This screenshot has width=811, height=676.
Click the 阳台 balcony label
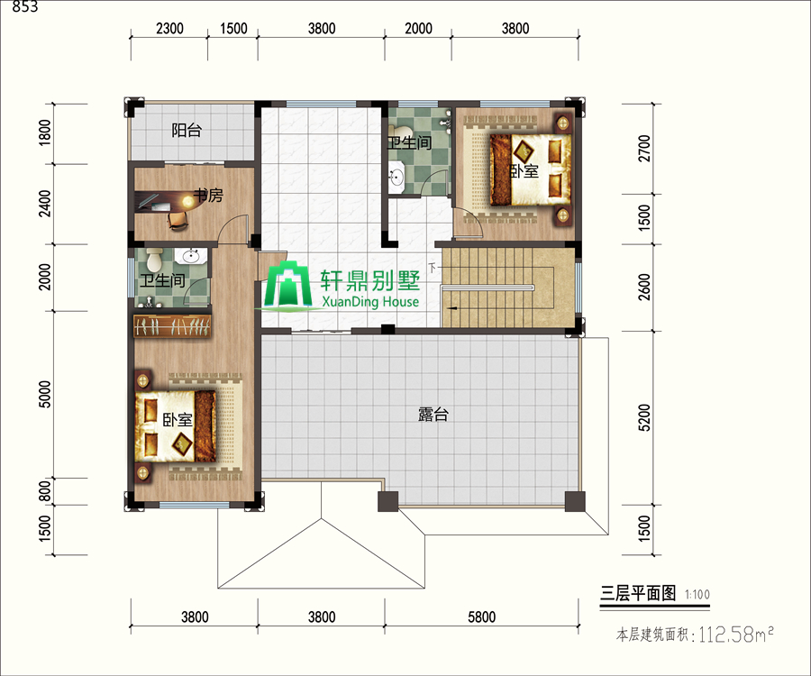[x=187, y=131]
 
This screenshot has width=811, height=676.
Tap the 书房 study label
[x=208, y=195]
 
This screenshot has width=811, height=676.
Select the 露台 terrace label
[x=433, y=415]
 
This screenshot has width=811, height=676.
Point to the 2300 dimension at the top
[x=169, y=28]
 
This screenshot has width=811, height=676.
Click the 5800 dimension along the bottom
[x=481, y=617]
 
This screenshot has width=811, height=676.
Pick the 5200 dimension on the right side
[x=644, y=417]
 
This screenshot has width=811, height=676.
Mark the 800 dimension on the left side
[x=46, y=491]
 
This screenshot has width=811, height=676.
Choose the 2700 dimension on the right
[x=644, y=149]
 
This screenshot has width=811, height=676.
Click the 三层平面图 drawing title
[x=638, y=593]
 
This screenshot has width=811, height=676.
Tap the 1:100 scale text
[x=697, y=594]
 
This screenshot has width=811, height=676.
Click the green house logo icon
[x=288, y=285]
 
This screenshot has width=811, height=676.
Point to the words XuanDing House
[x=370, y=301]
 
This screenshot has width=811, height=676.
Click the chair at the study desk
[x=178, y=219]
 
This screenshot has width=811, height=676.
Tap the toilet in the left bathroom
[x=155, y=259]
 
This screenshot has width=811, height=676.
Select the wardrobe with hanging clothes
[x=172, y=326]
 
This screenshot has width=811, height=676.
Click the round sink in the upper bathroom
[x=396, y=176]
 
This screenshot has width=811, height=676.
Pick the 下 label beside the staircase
[x=433, y=268]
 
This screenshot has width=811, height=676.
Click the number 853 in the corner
[x=25, y=7]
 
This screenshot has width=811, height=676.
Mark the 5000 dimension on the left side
[x=46, y=394]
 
